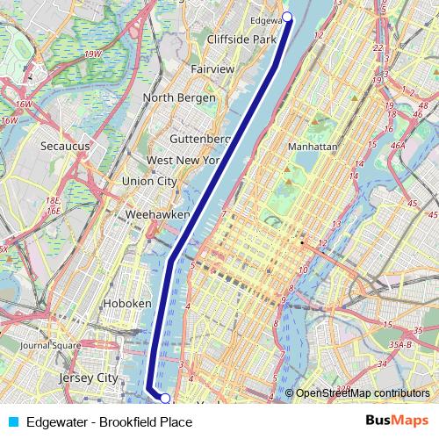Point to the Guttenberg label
coord(199,139)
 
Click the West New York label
coord(183,161)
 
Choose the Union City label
coord(148,181)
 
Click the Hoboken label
coord(127,303)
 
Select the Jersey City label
coord(87,378)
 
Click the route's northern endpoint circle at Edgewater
coord(287,18)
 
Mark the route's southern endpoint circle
coord(165,399)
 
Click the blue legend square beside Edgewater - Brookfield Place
coord(11,422)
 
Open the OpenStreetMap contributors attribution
coord(363,393)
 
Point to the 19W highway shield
coord(93,54)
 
